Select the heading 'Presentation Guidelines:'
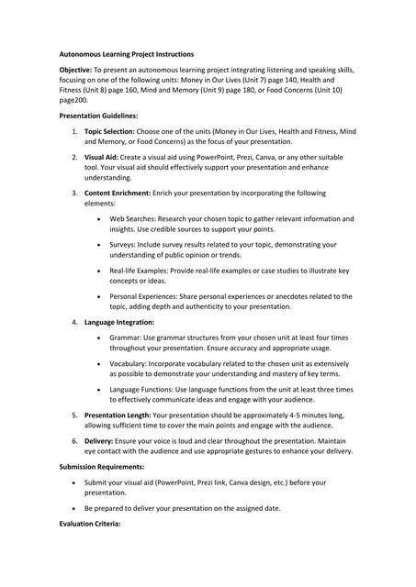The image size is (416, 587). [98, 116]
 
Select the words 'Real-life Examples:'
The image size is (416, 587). [141, 271]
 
